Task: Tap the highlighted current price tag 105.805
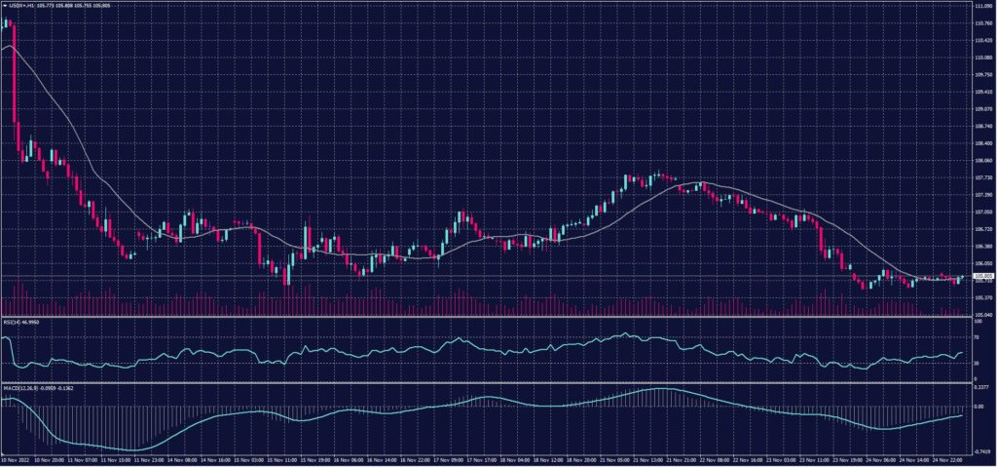[x=981, y=276]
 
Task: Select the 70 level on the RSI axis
[x=977, y=335]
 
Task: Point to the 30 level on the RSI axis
[x=977, y=364]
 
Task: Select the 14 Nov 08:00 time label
[x=184, y=460]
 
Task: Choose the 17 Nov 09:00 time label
[x=449, y=460]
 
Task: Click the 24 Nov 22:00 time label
[x=947, y=460]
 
